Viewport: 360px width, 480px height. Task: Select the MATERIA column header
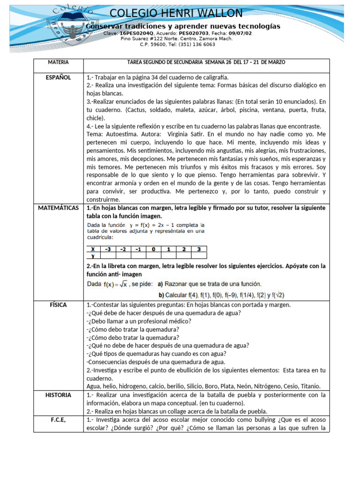pos(58,62)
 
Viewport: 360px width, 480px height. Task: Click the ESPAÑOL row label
pos(58,78)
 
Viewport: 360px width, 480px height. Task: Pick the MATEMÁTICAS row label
pos(59,208)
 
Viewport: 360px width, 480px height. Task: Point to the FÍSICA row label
pos(59,305)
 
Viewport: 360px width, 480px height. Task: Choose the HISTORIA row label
pos(59,395)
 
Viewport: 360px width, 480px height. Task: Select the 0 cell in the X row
pos(154,249)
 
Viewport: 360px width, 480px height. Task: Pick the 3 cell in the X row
pos(199,249)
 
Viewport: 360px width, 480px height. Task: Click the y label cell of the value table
pos(93,256)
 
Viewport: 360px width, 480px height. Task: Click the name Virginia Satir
pos(183,134)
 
